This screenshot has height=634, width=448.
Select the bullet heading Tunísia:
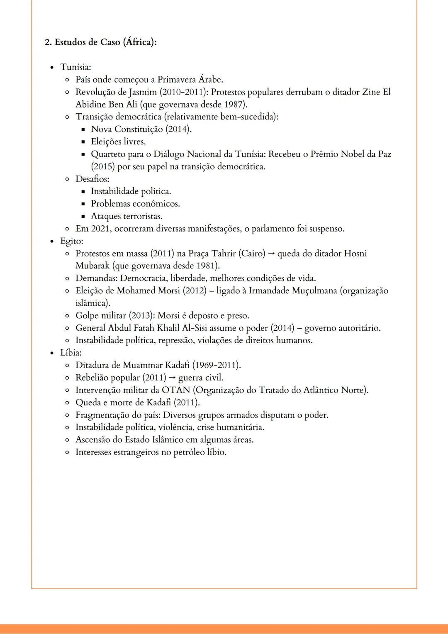tap(75, 67)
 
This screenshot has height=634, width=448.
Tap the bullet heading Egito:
tap(71, 241)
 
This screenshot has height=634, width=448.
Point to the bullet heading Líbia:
tap(71, 353)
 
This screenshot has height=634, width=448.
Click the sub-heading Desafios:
tap(92, 179)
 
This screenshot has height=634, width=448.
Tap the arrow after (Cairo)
tap(271, 254)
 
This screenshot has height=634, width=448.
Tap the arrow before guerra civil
tap(172, 378)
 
